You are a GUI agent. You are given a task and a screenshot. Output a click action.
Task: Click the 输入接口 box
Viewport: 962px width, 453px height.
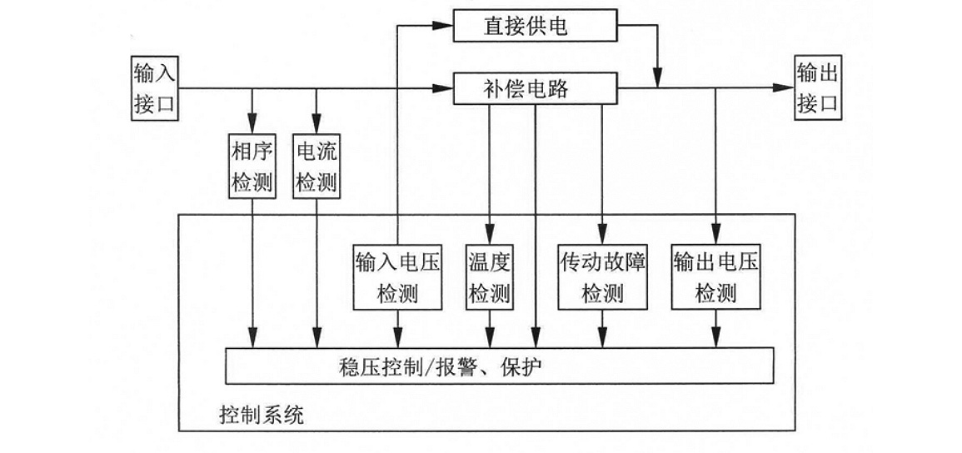(155, 88)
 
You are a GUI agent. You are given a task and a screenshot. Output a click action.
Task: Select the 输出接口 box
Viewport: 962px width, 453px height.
(817, 88)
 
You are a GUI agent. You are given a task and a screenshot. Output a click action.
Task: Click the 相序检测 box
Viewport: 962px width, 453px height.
(252, 166)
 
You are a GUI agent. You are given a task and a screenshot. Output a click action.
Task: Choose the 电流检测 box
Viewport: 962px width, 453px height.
(317, 166)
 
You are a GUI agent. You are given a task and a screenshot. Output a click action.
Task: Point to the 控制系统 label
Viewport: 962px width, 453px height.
(262, 414)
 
